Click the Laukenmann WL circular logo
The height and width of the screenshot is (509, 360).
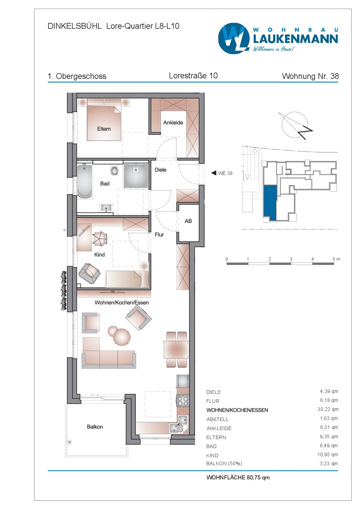click(234, 38)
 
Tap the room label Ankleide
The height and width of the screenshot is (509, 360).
click(173, 122)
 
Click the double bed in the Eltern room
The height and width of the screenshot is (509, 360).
click(104, 124)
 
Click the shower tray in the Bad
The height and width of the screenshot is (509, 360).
click(136, 176)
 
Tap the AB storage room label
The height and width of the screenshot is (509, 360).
click(188, 221)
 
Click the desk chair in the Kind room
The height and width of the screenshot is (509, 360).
click(100, 239)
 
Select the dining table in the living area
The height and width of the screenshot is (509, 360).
click(176, 350)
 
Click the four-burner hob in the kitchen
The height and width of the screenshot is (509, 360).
click(183, 401)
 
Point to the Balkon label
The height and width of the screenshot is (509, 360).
click(95, 427)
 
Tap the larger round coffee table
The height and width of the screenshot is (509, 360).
click(122, 337)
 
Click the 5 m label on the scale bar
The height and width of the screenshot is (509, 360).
click(336, 259)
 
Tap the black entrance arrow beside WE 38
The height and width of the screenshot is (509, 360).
click(214, 173)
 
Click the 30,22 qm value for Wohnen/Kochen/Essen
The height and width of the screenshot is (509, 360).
click(328, 409)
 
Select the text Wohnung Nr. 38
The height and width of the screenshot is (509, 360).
click(310, 76)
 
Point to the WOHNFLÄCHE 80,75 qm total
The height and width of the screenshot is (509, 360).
click(238, 477)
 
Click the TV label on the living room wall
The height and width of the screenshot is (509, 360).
click(113, 292)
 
